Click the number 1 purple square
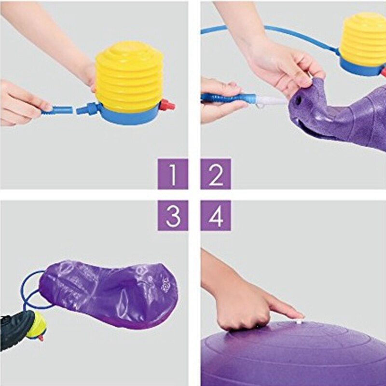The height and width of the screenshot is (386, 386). pyautogui.click(x=173, y=174)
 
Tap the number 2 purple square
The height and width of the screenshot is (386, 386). pyautogui.click(x=216, y=174)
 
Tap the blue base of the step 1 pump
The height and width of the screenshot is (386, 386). pyautogui.click(x=128, y=114)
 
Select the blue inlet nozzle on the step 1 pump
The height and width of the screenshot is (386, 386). pyautogui.click(x=87, y=108)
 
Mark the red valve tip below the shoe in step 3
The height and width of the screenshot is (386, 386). pyautogui.click(x=41, y=339)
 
